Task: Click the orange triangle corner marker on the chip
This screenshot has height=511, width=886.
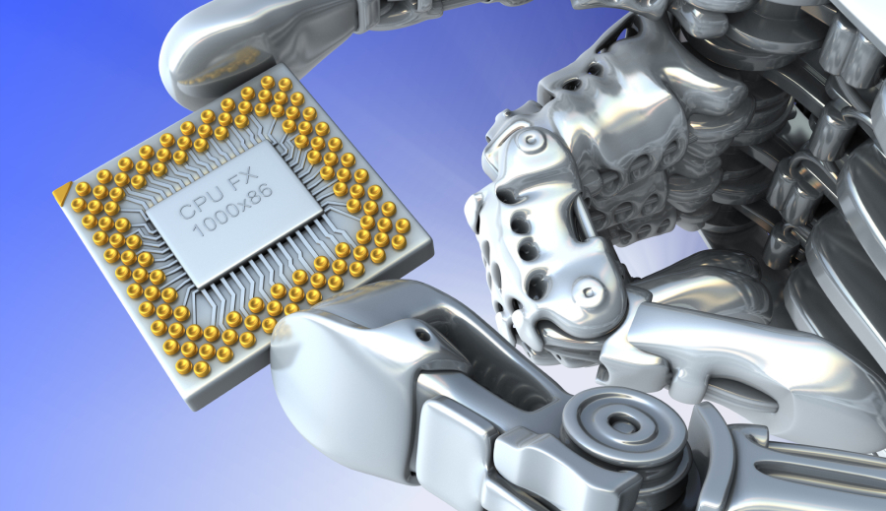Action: coord(62,192)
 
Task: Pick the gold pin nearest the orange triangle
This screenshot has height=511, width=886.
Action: coord(83,188)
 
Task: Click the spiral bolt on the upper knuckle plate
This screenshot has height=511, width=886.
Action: coord(530,138)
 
